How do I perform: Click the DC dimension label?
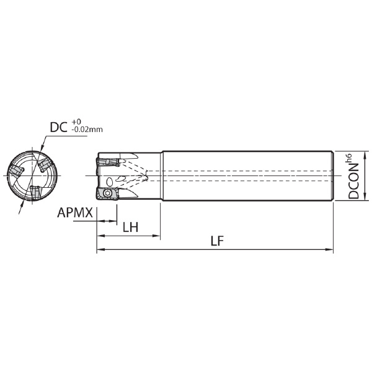(x=58, y=127)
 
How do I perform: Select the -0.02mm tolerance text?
(x=87, y=130)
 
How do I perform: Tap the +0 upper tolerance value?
(x=76, y=122)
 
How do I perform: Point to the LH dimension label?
(x=130, y=227)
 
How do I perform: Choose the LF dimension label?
(x=217, y=241)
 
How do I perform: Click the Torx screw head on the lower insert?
(x=107, y=193)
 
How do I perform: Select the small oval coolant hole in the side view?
(x=109, y=182)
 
